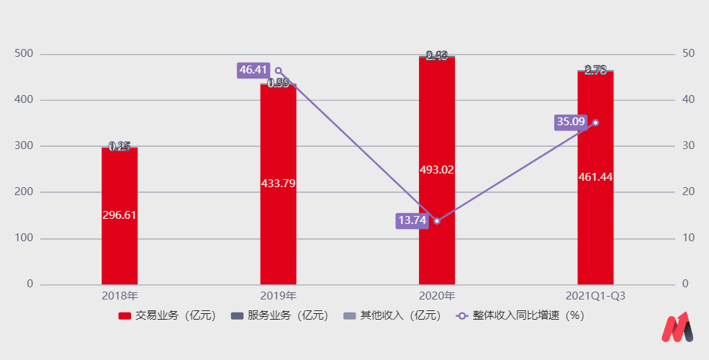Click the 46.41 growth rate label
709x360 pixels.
(x=253, y=70)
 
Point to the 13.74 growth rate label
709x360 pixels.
(x=412, y=220)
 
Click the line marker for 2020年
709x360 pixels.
(x=437, y=221)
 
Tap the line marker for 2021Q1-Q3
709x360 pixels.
(x=595, y=122)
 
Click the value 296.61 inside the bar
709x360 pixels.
(x=119, y=215)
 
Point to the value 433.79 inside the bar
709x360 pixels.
(x=278, y=183)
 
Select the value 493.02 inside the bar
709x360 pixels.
(x=437, y=169)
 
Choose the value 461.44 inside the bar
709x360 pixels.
(x=595, y=176)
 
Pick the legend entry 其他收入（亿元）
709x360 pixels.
(x=392, y=315)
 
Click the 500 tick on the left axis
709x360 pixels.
(x=24, y=54)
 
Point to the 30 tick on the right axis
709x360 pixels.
(x=689, y=146)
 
